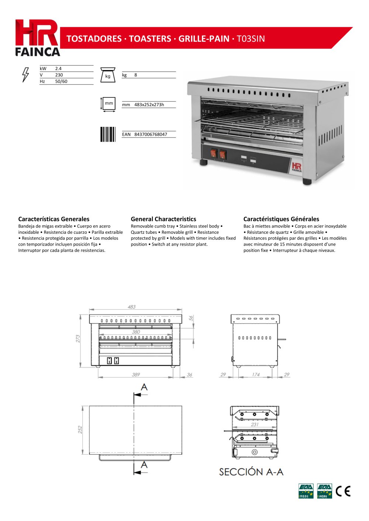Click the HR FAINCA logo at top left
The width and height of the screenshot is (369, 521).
coord(38,38)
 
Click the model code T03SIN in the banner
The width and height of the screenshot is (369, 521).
coord(251,39)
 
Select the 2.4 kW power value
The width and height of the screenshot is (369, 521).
coord(58,69)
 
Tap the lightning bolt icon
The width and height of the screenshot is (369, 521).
coord(25,75)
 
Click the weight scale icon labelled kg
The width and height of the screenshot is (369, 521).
coord(108,75)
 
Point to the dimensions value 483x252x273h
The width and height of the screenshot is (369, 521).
coord(149,105)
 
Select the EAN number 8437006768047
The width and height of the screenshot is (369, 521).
coord(151,135)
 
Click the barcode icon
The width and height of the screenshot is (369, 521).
coord(108,135)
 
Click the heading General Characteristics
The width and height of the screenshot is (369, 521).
coord(163,219)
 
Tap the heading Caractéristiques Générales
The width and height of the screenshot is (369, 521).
coord(281,219)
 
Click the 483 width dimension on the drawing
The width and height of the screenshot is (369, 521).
coord(131,307)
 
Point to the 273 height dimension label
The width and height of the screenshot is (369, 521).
coord(78,338)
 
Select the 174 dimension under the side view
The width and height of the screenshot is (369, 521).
coord(256,375)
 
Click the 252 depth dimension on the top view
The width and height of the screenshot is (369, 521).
coord(80,430)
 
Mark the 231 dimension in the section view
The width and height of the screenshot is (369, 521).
coord(255,424)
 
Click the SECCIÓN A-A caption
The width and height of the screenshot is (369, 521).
coord(251,472)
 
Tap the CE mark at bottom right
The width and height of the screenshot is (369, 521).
coord(343,491)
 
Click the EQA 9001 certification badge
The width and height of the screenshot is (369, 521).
coord(306,491)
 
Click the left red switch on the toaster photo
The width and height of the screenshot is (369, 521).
coord(214,153)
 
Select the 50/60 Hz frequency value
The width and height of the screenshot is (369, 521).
coord(61,81)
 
